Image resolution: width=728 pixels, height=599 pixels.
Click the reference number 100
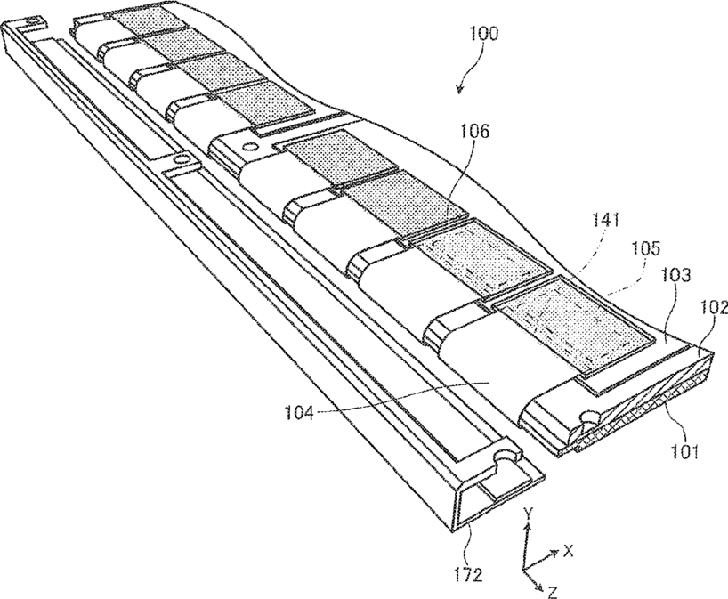pos(483,34)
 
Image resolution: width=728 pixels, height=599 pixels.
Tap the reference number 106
pos(473,132)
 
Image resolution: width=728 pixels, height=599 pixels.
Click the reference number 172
pos(467,575)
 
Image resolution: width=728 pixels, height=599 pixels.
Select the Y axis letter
pos(527,513)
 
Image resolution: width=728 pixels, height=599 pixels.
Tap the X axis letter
pos(568,551)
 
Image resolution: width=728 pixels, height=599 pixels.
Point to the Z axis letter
pos(552,592)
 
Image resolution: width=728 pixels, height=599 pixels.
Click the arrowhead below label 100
pos(460,89)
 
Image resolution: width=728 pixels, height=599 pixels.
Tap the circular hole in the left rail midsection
pos(182,159)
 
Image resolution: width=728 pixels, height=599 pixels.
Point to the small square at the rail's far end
pos(33,20)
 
